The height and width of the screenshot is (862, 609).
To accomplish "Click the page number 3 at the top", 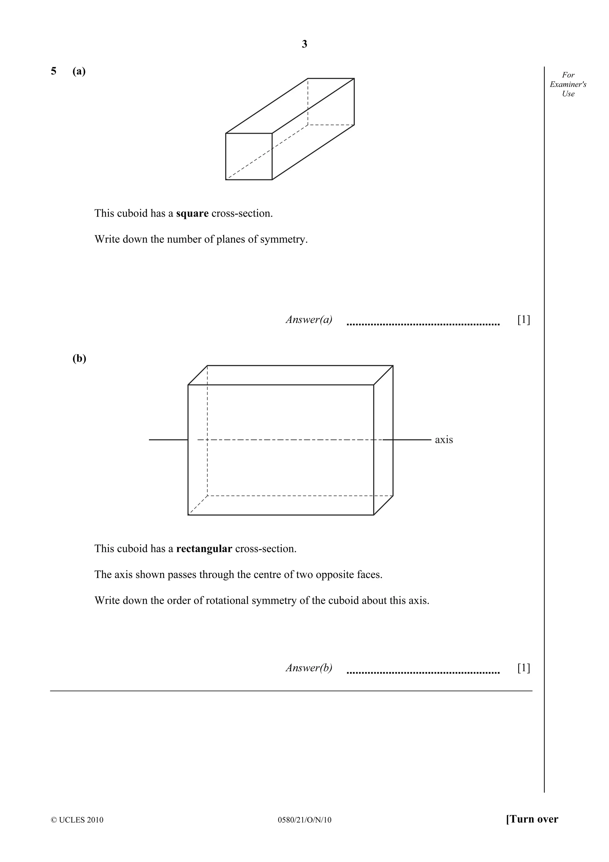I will pyautogui.click(x=304, y=44).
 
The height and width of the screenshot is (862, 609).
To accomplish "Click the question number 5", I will pyautogui.click(x=54, y=71).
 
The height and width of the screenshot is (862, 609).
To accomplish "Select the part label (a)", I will pyautogui.click(x=79, y=71).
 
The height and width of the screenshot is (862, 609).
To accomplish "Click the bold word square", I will pyautogui.click(x=192, y=214).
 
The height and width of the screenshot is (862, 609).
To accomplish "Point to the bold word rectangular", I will pyautogui.click(x=204, y=549).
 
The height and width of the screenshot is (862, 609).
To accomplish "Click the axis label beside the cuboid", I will pyautogui.click(x=444, y=440).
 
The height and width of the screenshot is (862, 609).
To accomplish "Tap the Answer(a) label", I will pyautogui.click(x=309, y=319).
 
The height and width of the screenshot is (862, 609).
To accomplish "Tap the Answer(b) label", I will pyautogui.click(x=309, y=668).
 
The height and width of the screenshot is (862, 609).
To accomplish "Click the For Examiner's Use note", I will pyautogui.click(x=568, y=84).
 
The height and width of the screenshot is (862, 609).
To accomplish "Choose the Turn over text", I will pyautogui.click(x=532, y=819).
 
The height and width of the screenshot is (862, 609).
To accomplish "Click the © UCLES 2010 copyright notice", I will pyautogui.click(x=77, y=819).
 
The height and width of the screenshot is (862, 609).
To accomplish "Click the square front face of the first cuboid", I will pyautogui.click(x=249, y=156).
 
